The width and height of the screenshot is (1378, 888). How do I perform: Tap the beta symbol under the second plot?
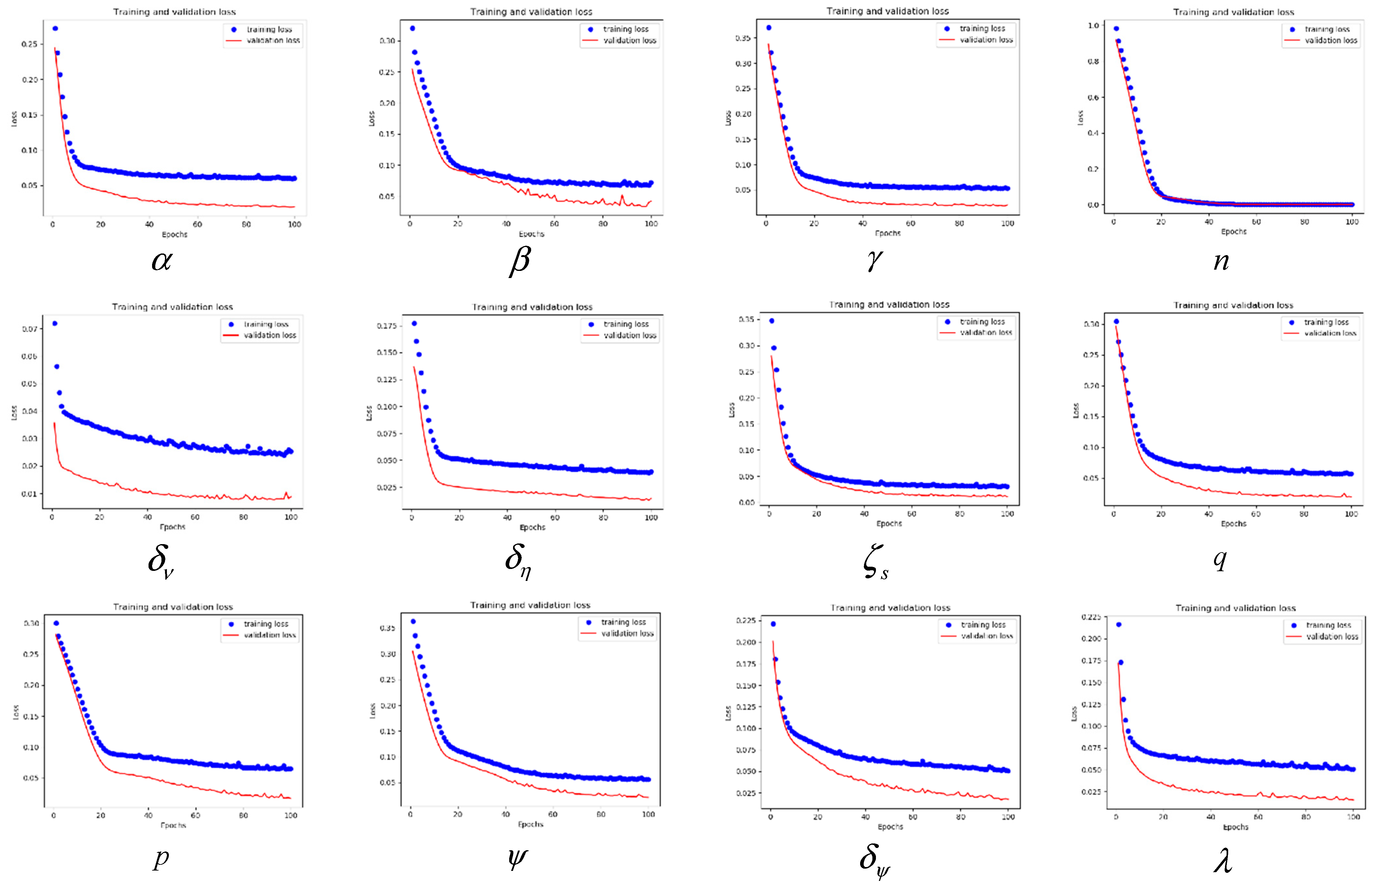coord(519,261)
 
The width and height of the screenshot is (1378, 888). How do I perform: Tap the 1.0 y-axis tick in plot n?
coord(1093,26)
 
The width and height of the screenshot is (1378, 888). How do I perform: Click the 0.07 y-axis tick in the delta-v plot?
coord(29,329)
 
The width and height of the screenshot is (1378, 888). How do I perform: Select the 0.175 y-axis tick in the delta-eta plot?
coord(386,326)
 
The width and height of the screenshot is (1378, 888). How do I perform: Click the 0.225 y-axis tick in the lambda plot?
coord(1091,617)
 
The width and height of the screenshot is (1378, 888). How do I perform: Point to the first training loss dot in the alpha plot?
coord(55,28)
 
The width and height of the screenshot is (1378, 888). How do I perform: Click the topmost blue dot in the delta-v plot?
coord(55,324)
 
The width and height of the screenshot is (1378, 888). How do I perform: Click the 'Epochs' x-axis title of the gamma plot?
coord(887,233)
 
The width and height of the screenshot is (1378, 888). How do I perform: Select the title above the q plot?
coord(1233,305)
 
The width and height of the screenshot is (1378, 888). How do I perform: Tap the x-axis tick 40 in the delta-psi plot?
coord(865,817)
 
